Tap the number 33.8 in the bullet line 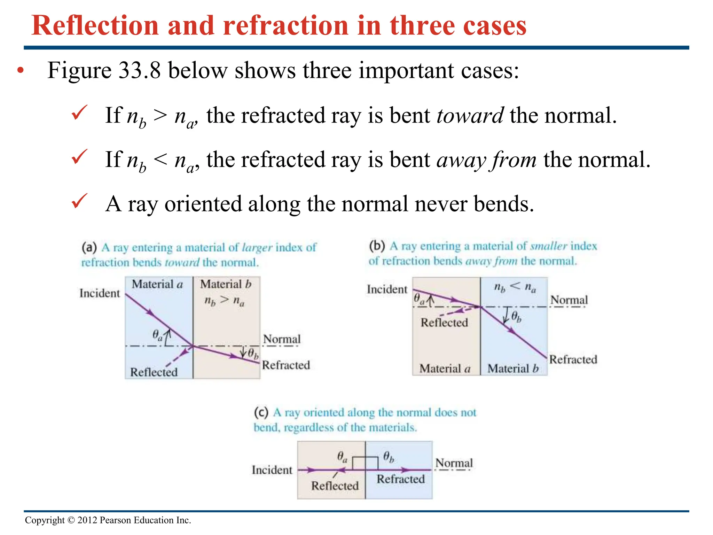139,70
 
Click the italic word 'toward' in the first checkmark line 470,116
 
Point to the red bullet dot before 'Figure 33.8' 21,71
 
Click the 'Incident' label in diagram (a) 100,293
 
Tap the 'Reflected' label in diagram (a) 154,372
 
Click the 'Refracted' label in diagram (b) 573,359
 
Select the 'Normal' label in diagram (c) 454,463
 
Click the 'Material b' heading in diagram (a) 226,284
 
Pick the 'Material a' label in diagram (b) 445,369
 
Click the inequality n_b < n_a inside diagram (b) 515,287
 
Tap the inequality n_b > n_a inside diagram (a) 224,301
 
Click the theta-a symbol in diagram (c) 342,457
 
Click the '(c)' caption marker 261,413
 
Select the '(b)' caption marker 377,246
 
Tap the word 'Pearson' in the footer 115,520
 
